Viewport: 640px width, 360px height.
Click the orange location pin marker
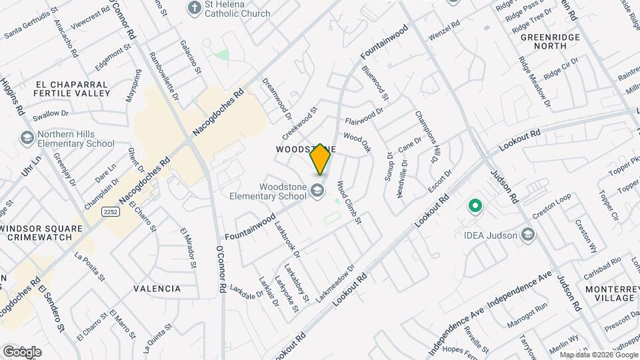pos(321,159)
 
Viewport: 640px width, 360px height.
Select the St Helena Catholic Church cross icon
pos(195,8)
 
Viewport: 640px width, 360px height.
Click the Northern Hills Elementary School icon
pos(28,138)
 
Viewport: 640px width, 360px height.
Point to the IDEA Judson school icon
pos(528,234)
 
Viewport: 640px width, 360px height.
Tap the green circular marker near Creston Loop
pos(475,205)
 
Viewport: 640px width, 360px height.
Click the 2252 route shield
pos(111,211)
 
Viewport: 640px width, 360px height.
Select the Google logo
pos(22,351)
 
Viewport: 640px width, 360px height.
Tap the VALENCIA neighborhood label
pos(157,289)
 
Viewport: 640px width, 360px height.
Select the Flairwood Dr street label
pos(365,116)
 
